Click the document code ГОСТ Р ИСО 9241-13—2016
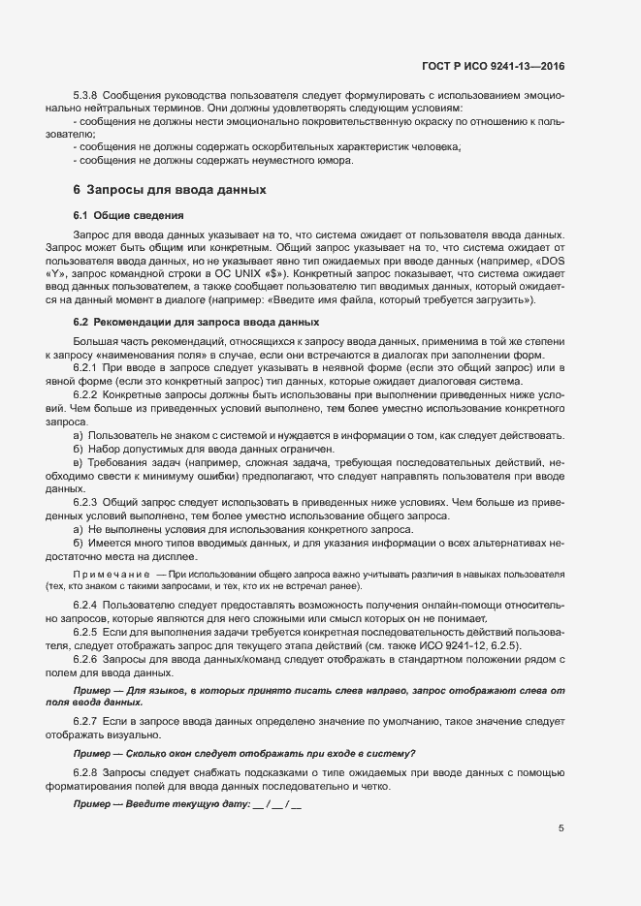tap(495, 67)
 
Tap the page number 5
tap(562, 828)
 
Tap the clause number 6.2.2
tap(86, 395)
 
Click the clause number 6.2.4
tap(86, 605)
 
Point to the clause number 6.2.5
tap(86, 632)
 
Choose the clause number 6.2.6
tap(86, 659)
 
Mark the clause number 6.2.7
tap(86, 723)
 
